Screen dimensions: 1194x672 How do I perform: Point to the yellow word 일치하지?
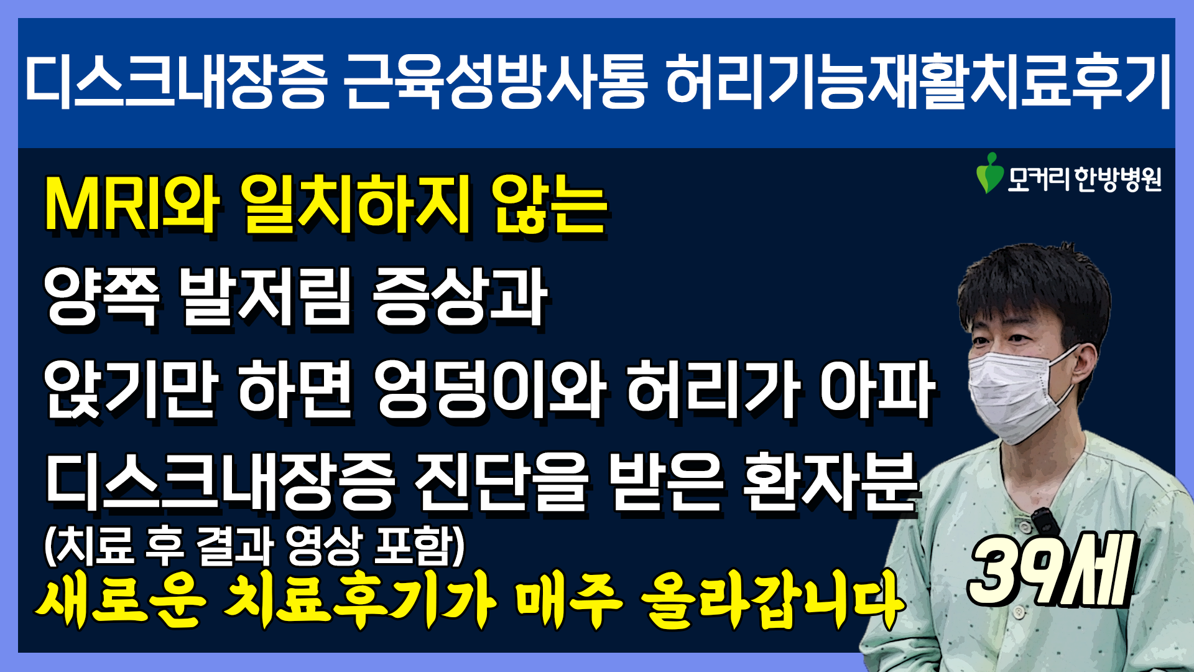point(355,205)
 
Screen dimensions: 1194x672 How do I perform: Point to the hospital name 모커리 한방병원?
point(1084,179)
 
